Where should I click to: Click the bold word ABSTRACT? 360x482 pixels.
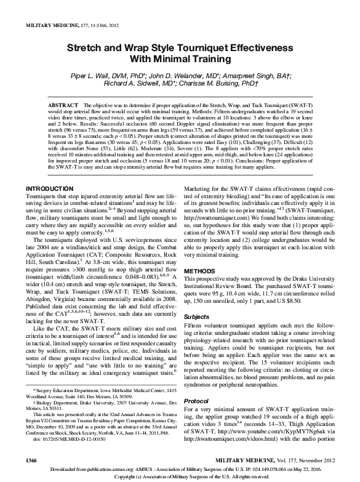click(64, 106)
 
